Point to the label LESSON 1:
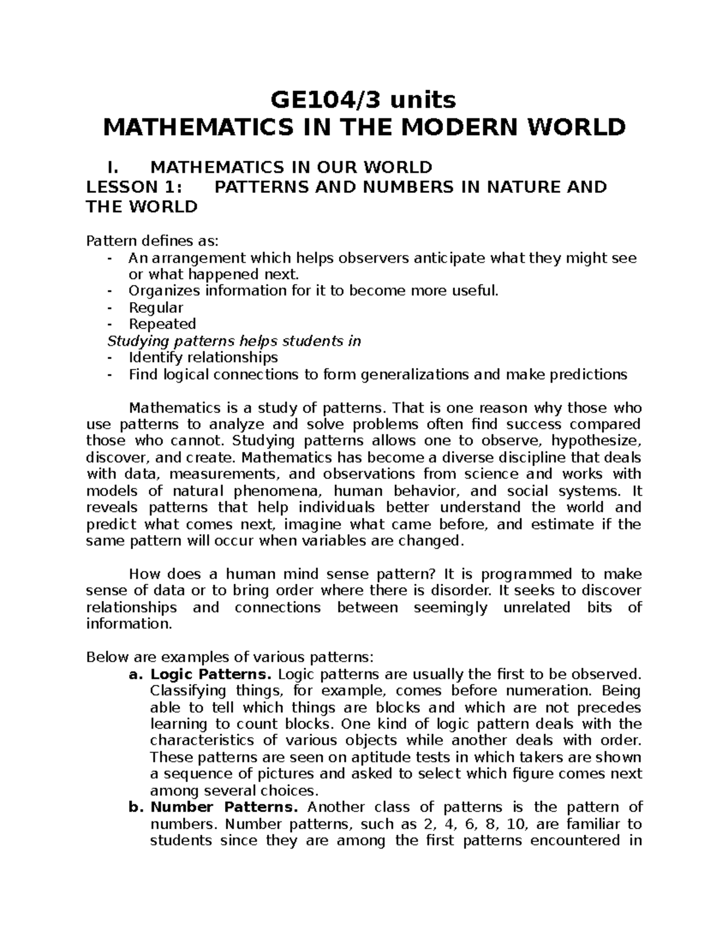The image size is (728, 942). tap(134, 187)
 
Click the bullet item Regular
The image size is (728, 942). tap(156, 308)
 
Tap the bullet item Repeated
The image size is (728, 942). tap(162, 324)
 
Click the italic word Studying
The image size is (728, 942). tap(140, 341)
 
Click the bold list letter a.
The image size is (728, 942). tap(135, 674)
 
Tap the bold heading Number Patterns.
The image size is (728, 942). tap(224, 807)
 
